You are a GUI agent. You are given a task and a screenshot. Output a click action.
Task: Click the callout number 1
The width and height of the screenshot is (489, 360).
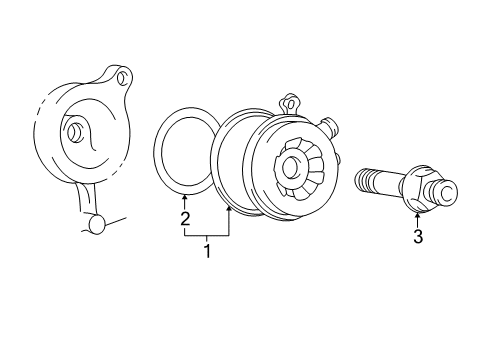[x=207, y=252]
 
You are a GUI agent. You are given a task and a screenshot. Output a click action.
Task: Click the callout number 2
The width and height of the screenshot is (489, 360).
[x=184, y=217]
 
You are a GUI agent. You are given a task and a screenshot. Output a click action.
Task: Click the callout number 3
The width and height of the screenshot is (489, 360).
[x=418, y=237]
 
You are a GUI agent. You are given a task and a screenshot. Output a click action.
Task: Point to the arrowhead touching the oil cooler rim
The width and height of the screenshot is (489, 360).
[x=230, y=207]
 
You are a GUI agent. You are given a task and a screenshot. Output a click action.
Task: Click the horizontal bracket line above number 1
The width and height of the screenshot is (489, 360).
[x=207, y=235]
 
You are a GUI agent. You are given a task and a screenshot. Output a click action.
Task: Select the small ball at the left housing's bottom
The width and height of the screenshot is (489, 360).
[x=97, y=225]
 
